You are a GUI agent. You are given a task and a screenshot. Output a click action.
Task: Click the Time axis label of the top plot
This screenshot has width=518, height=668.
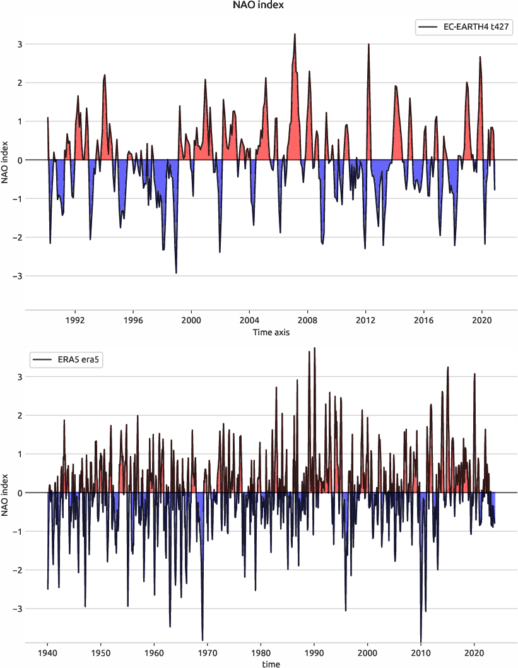(271, 332)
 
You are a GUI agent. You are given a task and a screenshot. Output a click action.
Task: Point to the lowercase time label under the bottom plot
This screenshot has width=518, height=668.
(271, 664)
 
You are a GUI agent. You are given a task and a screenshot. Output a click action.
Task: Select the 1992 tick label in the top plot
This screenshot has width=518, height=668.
(75, 320)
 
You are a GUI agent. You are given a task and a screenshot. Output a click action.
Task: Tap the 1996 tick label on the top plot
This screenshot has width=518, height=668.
(133, 320)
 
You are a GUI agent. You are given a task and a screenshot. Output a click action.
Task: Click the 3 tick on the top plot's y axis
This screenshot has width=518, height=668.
(20, 44)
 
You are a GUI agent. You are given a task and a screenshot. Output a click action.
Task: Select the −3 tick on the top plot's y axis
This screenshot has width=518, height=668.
(18, 276)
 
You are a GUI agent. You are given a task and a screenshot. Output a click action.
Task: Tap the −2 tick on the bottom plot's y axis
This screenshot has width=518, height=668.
(18, 570)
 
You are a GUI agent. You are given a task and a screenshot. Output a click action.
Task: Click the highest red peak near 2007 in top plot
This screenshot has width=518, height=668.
(295, 35)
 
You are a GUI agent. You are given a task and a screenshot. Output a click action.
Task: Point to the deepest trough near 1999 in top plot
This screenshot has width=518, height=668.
(176, 272)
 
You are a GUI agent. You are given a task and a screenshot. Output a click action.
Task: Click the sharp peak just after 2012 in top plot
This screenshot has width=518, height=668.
(368, 45)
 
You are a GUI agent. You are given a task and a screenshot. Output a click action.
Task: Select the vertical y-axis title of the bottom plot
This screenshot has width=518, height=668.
(6, 492)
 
